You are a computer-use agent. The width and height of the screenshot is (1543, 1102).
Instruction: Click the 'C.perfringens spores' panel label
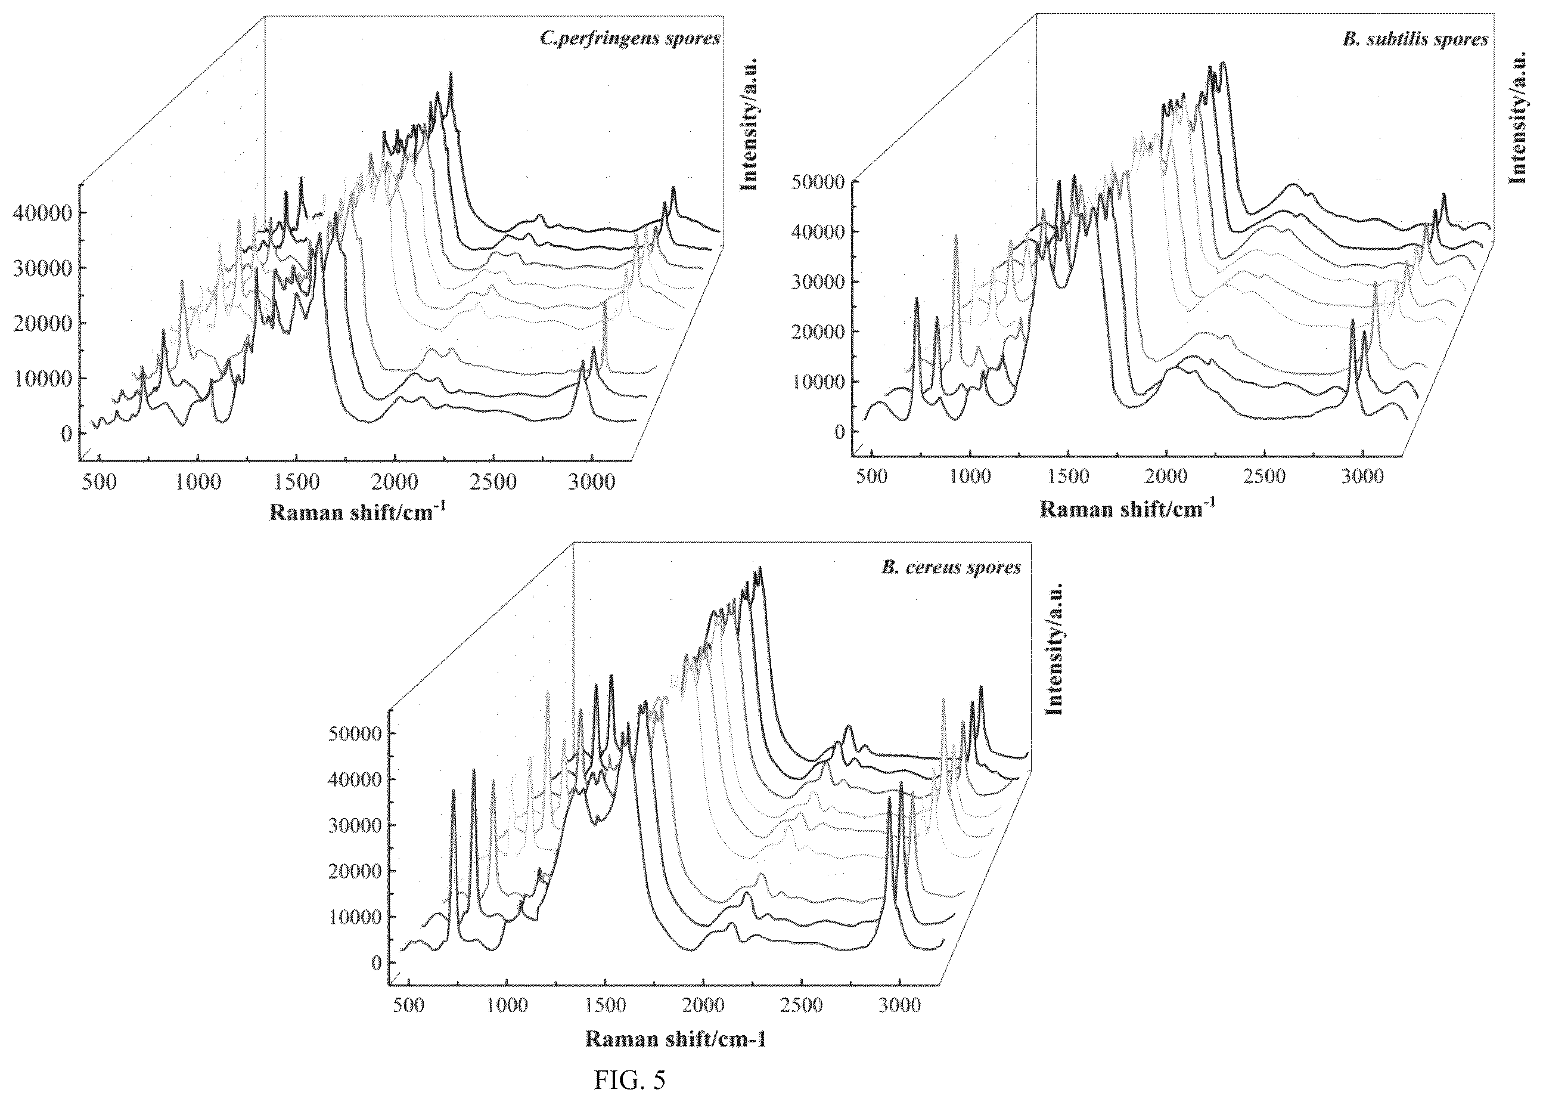(629, 38)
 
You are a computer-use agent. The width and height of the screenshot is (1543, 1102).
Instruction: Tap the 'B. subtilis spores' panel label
(1415, 39)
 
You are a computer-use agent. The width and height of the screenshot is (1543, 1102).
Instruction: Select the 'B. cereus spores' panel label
(951, 567)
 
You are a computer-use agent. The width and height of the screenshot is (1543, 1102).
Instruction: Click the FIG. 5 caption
(629, 1081)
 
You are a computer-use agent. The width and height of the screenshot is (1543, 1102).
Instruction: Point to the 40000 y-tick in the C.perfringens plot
(41, 213)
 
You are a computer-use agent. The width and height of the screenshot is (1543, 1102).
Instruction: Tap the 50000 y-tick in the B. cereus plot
(355, 733)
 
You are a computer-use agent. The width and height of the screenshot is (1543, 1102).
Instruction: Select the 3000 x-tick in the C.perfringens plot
(592, 482)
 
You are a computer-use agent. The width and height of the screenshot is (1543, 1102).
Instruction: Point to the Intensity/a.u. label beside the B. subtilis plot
(1517, 117)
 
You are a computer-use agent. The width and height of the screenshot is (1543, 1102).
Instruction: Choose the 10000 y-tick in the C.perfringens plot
(41, 378)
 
